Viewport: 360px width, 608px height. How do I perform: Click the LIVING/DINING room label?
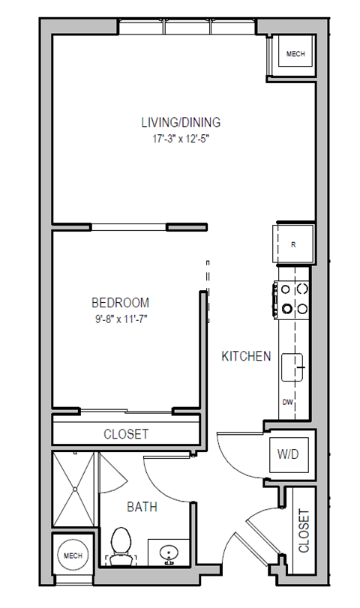click(181, 122)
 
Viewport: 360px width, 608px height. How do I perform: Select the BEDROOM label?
click(120, 303)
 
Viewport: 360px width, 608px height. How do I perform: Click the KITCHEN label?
click(246, 357)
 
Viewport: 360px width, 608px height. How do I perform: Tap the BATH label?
click(142, 508)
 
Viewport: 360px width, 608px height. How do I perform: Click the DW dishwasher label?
click(287, 403)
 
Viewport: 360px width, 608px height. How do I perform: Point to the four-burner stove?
click(293, 297)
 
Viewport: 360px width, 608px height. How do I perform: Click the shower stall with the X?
click(74, 490)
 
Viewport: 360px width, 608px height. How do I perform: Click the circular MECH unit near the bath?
click(72, 556)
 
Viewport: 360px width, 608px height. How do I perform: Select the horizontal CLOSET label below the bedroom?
click(125, 434)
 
